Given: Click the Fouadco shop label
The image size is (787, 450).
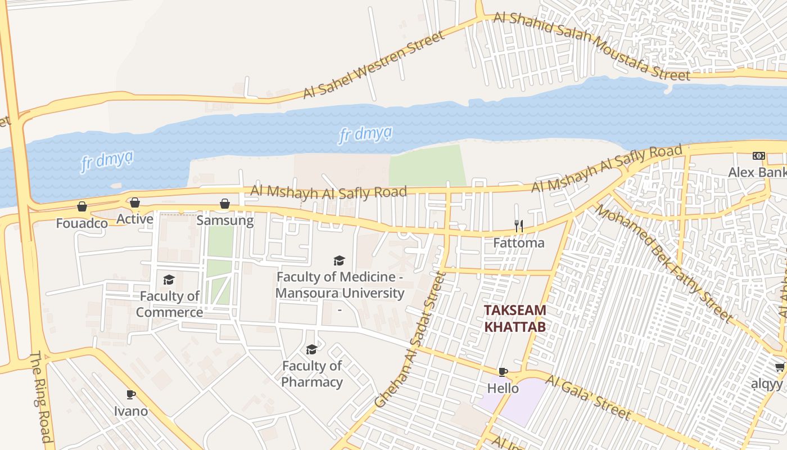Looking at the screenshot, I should [82, 223].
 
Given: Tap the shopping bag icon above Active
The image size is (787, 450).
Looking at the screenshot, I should [135, 202].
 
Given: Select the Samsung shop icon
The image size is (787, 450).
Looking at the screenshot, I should [225, 204].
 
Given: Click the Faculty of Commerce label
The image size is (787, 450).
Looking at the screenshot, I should [169, 304].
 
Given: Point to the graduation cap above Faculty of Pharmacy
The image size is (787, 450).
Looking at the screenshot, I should [311, 350].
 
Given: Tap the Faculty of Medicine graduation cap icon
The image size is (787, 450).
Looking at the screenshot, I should [339, 260].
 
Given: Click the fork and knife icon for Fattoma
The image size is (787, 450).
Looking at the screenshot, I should [519, 226].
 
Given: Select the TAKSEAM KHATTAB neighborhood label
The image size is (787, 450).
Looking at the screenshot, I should [515, 318].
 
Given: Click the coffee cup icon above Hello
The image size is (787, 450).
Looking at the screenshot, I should [503, 372].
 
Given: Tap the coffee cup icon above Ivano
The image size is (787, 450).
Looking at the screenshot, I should [131, 394].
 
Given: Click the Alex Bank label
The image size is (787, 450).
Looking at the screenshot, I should [757, 172].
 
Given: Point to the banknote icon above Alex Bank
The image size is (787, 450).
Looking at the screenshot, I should [759, 156].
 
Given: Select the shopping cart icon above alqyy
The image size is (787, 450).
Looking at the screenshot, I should [780, 367].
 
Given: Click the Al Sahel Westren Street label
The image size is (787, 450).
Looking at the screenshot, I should [373, 65].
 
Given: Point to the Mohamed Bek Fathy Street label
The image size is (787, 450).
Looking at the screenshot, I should [663, 263].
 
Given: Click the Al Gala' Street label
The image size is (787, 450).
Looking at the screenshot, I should [587, 398].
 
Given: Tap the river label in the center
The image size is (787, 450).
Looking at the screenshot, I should [365, 135].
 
